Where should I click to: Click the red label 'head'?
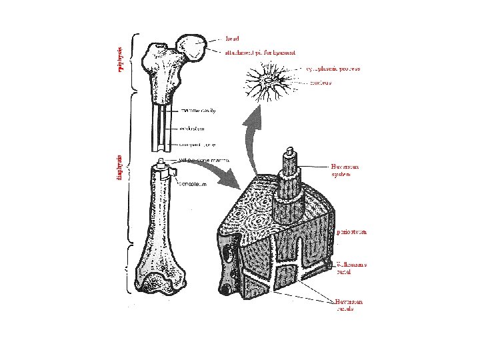pyautogui.click(x=233, y=38)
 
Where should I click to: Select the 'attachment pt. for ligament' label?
pyautogui.click(x=261, y=51)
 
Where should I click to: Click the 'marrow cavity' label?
pyautogui.click(x=198, y=111)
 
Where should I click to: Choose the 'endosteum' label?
pyautogui.click(x=195, y=128)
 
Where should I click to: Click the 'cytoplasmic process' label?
pyautogui.click(x=333, y=68)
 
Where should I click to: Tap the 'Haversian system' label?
pyautogui.click(x=345, y=170)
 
